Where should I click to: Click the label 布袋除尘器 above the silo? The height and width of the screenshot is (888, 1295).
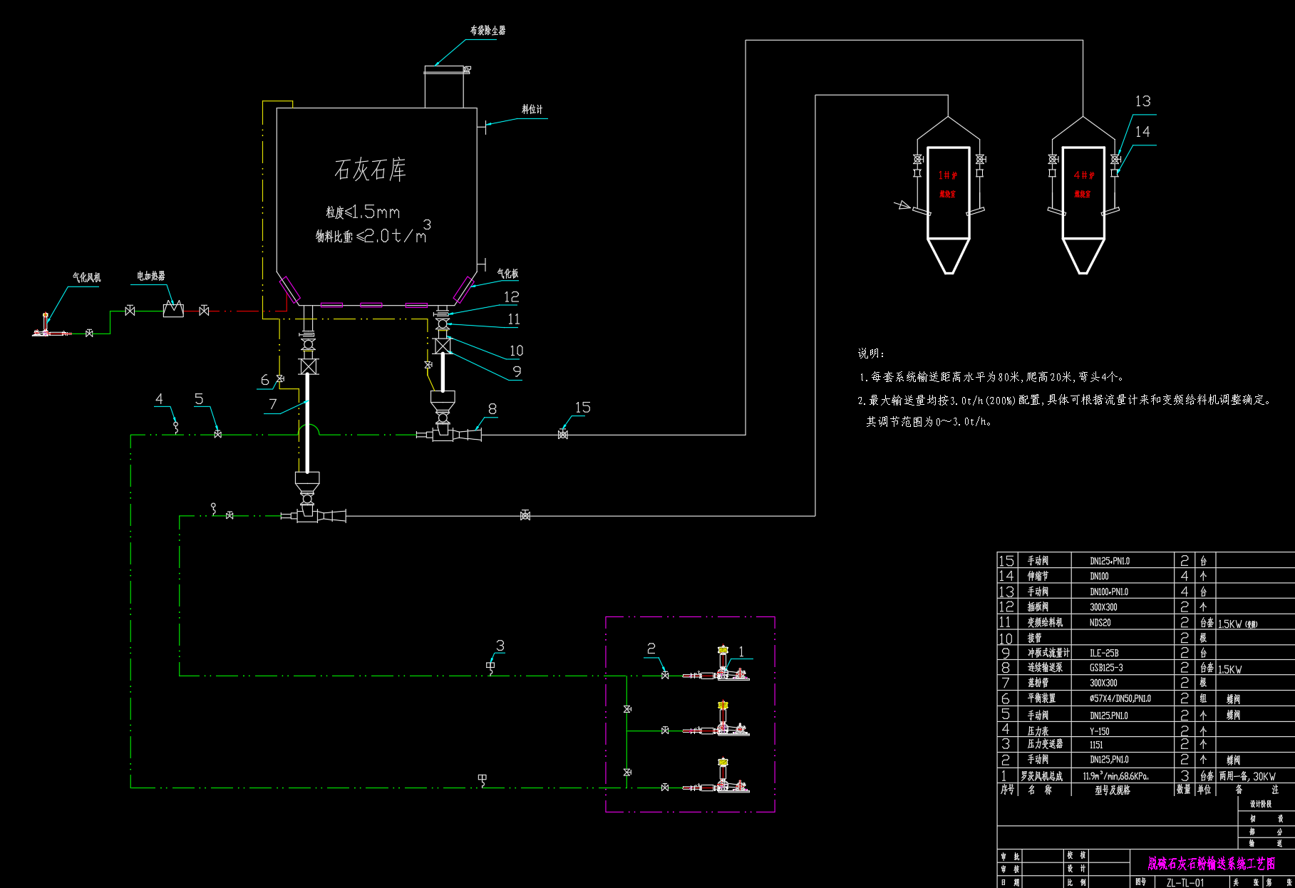487,31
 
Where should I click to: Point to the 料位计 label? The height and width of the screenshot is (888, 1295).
532,109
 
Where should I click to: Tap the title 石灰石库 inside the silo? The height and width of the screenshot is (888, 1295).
370,170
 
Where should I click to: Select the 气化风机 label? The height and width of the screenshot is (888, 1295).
86,277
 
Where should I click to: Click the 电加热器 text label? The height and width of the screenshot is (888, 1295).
151,276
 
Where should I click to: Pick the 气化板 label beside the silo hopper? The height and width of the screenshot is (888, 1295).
507,274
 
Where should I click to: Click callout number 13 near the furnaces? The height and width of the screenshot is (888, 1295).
1142,101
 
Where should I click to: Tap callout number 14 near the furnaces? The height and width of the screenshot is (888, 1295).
1142,132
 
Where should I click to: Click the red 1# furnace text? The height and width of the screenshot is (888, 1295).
947,175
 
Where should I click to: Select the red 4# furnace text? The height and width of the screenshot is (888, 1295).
1083,175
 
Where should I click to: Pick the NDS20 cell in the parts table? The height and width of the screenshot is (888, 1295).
1100,622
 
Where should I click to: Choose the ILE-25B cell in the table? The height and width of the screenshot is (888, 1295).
1104,653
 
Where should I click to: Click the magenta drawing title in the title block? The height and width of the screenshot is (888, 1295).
1210,864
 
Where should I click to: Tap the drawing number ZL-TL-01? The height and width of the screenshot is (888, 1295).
1185,882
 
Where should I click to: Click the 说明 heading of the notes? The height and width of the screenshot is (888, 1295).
871,353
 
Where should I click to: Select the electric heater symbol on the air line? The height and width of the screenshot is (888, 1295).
173,310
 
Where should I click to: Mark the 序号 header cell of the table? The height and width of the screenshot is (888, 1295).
1007,790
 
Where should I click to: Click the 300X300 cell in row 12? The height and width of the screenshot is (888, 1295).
1103,607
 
